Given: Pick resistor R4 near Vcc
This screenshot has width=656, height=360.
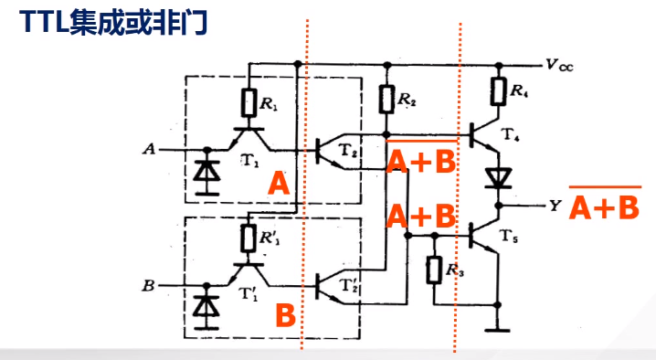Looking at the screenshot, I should click(497, 91).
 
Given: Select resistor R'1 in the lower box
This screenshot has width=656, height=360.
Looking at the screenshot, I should click(249, 238).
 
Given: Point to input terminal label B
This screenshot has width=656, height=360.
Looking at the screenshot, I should click(149, 286).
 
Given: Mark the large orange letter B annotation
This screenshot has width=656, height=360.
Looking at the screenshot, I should click(285, 317).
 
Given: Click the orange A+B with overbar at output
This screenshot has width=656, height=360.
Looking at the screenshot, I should click(604, 207).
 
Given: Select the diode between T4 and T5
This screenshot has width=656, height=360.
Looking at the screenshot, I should click(497, 175).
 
